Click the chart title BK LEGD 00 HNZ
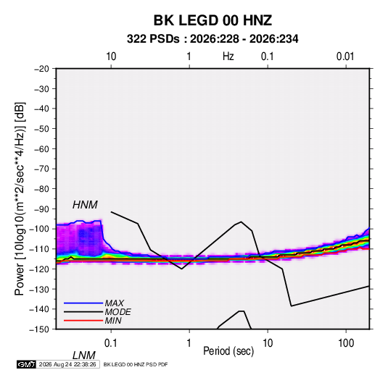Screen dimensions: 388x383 (212, 20)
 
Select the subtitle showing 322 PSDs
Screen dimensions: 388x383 (212, 39)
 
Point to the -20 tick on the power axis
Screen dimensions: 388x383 (41, 69)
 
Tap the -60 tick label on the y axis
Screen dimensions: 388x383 (41, 148)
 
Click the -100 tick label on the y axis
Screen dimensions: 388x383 (39, 229)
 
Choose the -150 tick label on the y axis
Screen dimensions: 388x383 (39, 329)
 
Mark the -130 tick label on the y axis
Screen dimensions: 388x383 (39, 289)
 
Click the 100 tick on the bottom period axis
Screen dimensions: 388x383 (346, 343)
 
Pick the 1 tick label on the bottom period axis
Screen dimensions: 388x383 (189, 343)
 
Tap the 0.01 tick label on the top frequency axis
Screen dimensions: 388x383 (345, 56)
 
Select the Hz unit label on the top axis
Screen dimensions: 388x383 (228, 56)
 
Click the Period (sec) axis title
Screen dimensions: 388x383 (228, 351)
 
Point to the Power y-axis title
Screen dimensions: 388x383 (20, 199)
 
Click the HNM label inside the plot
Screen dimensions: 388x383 (85, 205)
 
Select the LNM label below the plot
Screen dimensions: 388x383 (84, 355)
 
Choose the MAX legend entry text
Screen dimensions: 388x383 (115, 303)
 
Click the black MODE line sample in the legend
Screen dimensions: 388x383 (83, 312)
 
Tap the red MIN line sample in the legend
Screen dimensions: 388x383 (83, 321)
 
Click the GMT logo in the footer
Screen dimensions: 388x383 (26, 364)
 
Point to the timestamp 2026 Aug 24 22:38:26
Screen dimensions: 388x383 (67, 364)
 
